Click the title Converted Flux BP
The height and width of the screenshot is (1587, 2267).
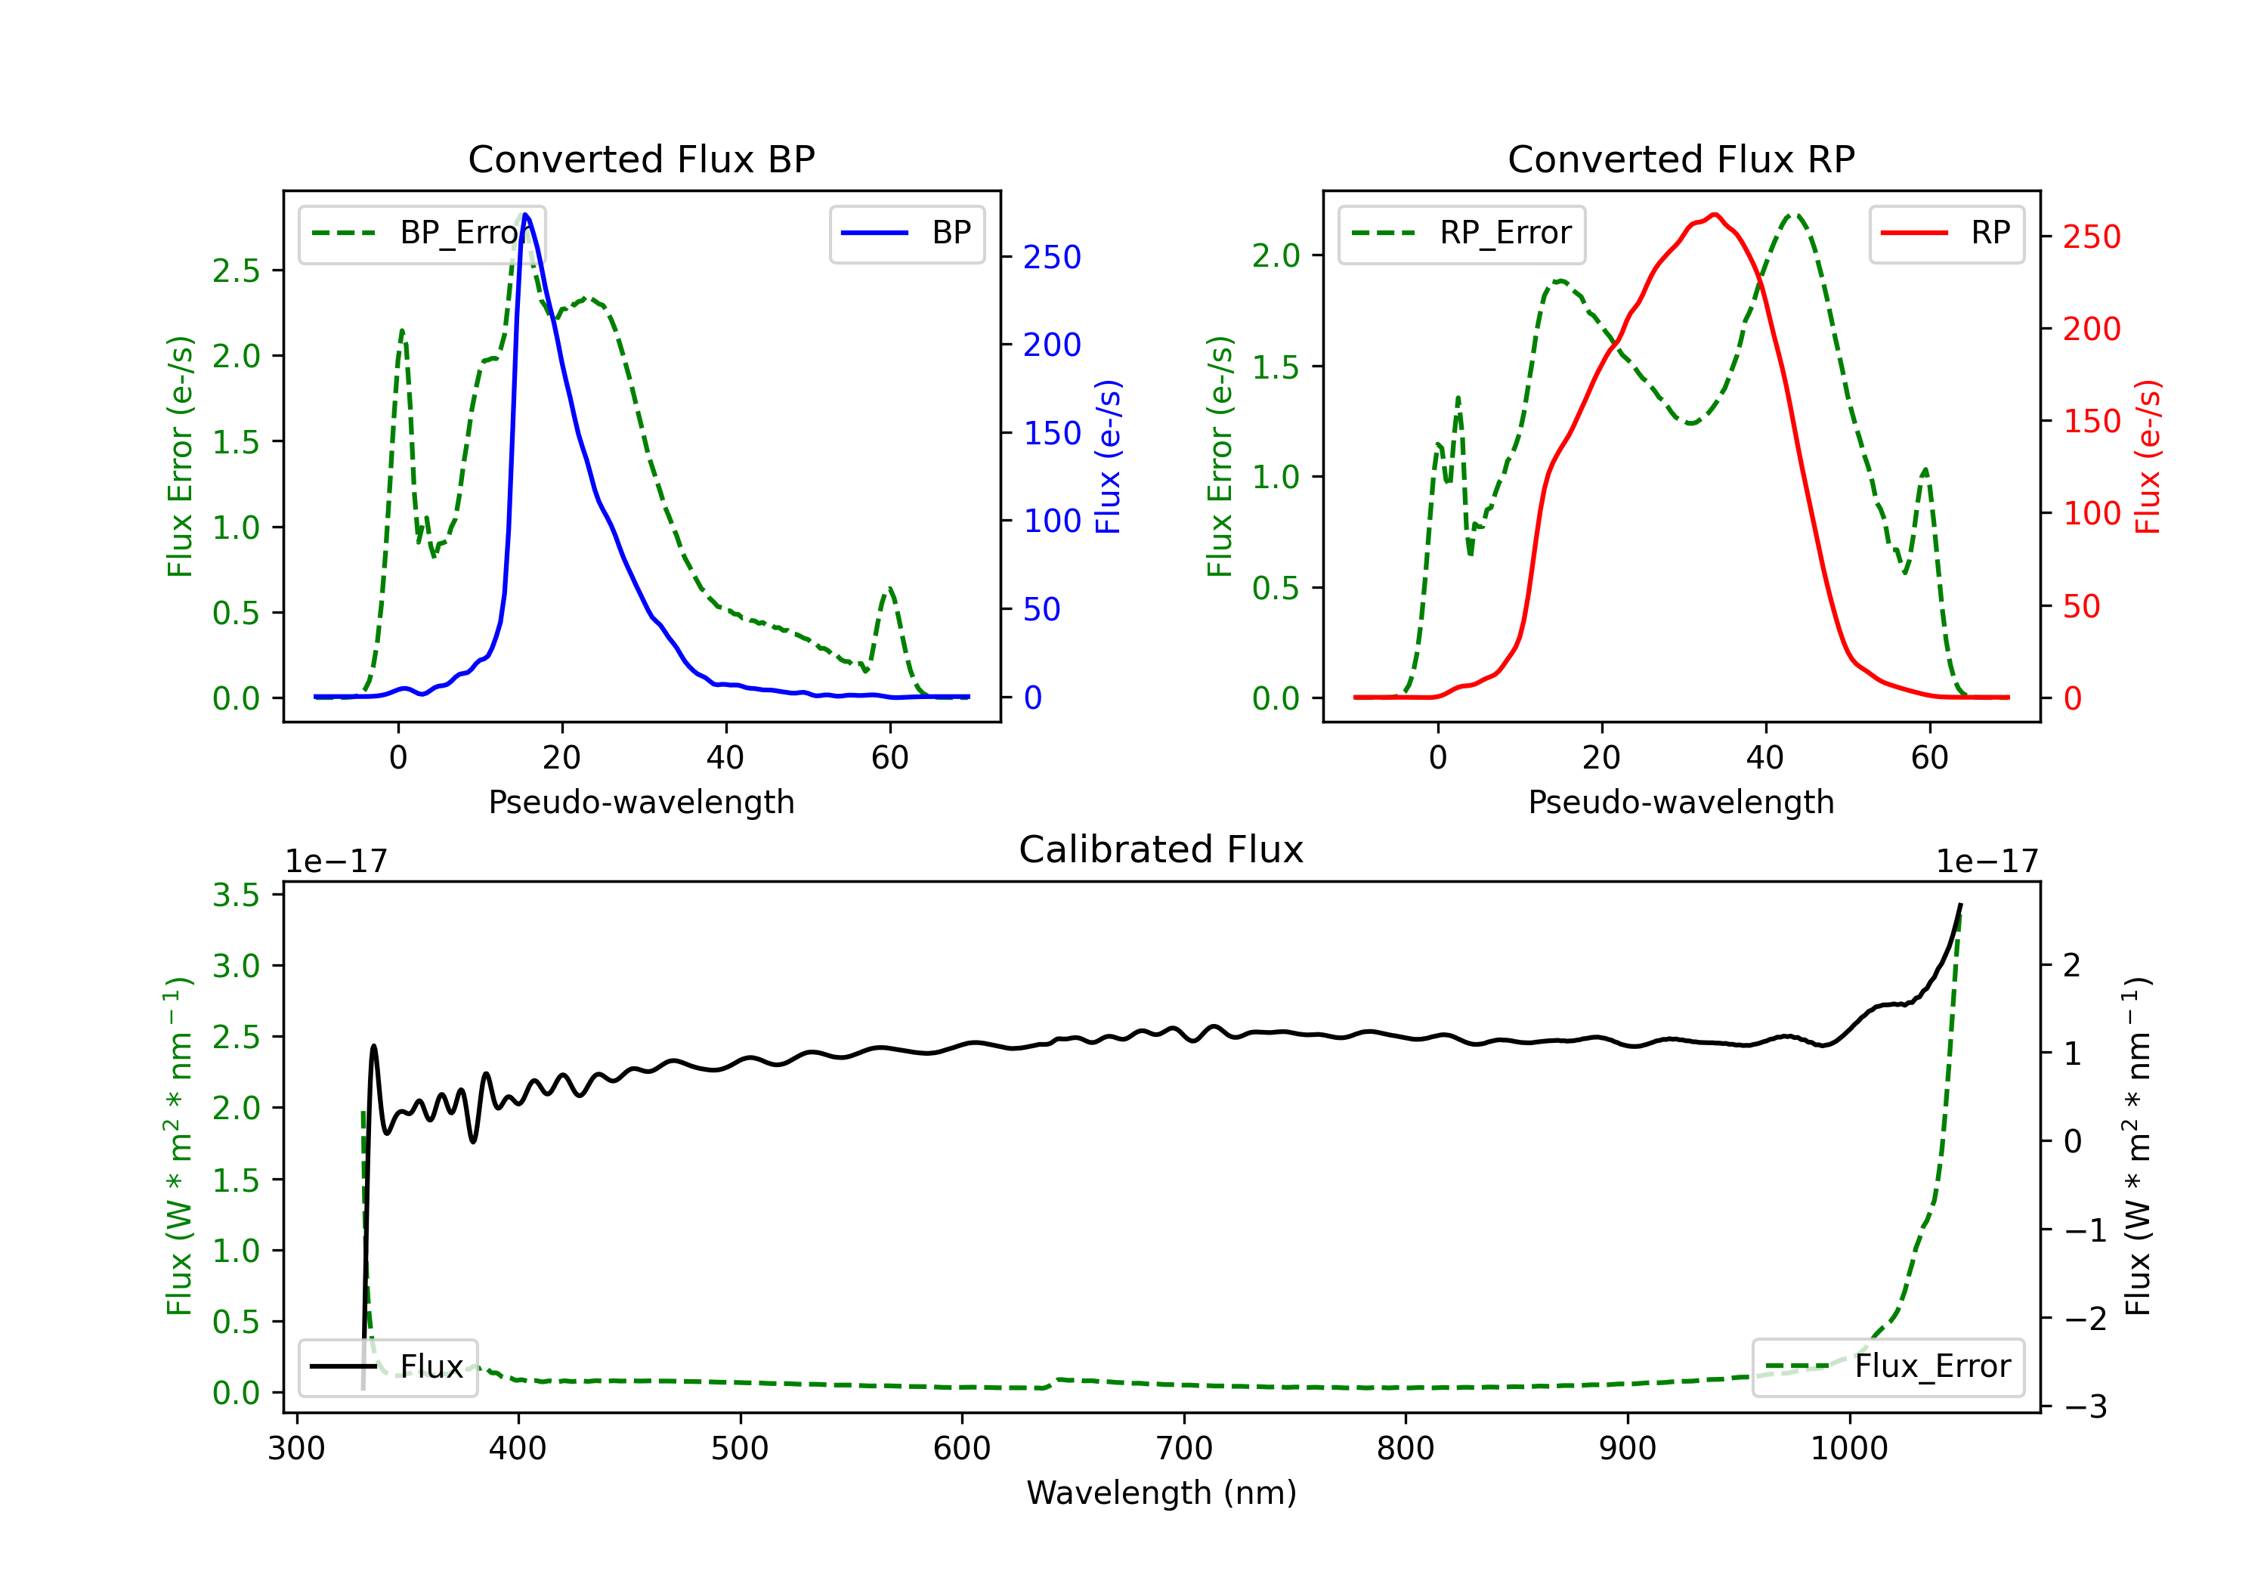point(641,159)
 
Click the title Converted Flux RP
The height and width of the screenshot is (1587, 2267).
point(1681,159)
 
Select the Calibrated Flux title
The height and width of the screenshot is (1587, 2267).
point(1161,849)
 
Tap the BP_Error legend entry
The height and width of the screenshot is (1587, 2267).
point(422,233)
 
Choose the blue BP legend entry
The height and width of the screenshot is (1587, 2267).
point(906,233)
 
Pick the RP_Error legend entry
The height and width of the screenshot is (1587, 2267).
point(1461,233)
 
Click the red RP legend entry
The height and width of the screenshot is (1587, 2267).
point(1946,233)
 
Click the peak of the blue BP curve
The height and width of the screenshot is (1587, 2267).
point(525,215)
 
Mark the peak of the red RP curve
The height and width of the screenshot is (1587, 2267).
point(1715,215)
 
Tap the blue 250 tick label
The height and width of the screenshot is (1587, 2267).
point(1052,258)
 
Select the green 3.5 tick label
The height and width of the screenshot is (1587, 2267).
point(236,895)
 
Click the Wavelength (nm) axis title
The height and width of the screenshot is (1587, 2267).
point(1161,1493)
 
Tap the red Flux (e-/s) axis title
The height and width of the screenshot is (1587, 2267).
point(2148,457)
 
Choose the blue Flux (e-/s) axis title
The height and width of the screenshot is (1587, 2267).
point(1108,457)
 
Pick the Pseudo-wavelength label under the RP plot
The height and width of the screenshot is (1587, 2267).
point(1681,802)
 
